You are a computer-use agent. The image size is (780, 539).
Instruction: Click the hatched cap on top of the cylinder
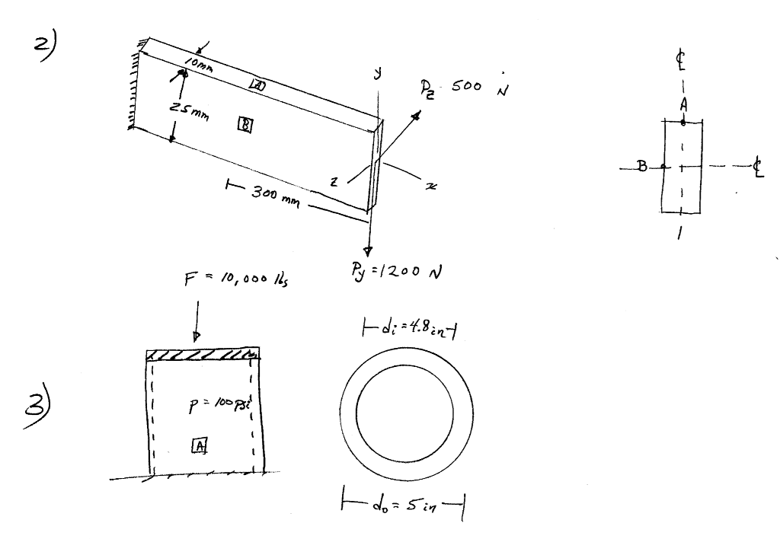pos(203,355)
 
